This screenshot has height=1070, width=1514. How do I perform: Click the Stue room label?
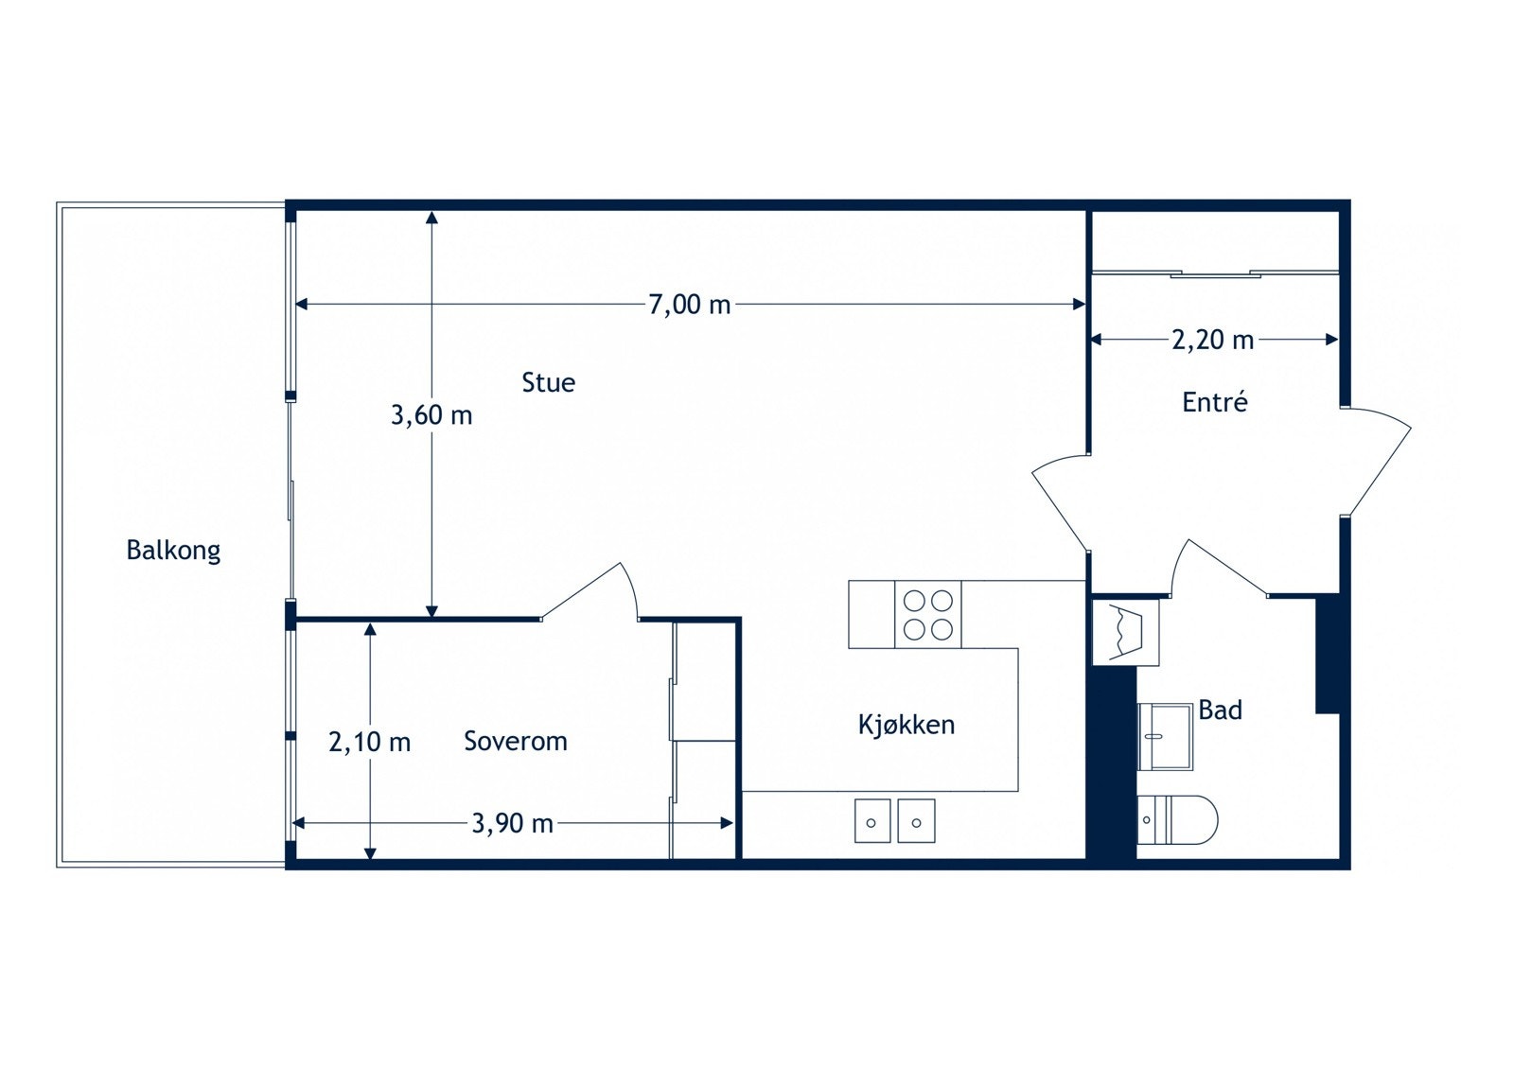coord(548,382)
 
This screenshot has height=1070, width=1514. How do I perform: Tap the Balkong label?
coord(173,550)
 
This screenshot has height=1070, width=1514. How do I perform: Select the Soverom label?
coord(515,741)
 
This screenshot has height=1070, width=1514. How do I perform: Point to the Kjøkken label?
coord(906,725)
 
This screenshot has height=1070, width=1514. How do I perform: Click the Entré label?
coord(1214,402)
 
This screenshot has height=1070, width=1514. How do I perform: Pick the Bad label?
coord(1220,710)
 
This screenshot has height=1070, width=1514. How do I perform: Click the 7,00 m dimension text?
coord(689,305)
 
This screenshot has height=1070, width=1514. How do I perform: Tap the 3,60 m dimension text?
coord(431,414)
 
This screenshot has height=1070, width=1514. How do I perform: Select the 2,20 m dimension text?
coord(1212,340)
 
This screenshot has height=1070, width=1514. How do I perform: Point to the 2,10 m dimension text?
coord(369,742)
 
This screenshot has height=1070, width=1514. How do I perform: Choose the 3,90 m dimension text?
coord(512,823)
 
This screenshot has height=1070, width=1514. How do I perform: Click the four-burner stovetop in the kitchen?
coord(927,614)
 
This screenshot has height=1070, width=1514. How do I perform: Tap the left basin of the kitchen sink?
coord(871,820)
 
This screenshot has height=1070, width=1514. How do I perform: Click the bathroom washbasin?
coord(1165,736)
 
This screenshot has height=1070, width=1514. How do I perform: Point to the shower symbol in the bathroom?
coord(1125,632)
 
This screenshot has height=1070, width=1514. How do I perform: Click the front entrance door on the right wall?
coord(1374,461)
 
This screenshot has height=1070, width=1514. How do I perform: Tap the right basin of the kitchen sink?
coord(916,820)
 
